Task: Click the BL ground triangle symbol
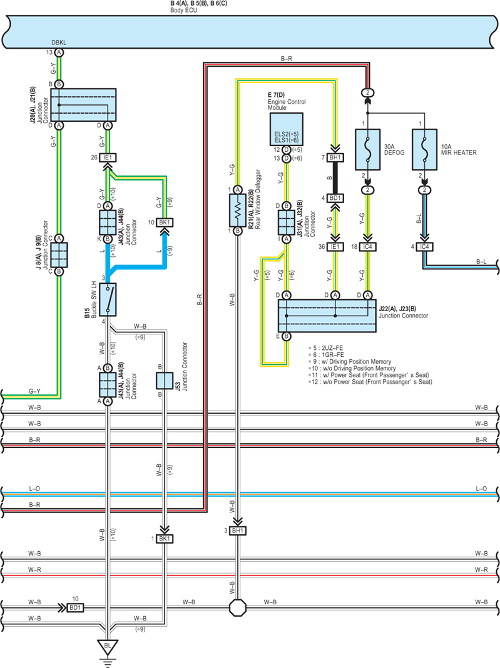[108, 647]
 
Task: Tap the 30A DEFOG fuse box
[368, 149]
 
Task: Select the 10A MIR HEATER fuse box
[424, 149]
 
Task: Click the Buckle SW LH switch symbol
[108, 299]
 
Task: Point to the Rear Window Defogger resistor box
[238, 211]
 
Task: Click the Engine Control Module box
[286, 129]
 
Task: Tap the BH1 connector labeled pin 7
[335, 157]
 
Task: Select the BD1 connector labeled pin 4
[335, 198]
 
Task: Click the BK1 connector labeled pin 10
[164, 222]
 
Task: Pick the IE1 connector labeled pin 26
[108, 157]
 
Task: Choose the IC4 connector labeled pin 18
[368, 247]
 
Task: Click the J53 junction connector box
[164, 381]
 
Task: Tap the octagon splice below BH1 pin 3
[238, 607]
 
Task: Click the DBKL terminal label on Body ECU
[59, 42]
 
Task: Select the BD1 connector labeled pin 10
[75, 607]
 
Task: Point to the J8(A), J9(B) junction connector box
[59, 255]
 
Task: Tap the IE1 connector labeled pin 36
[335, 247]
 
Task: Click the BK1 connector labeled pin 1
[164, 539]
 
